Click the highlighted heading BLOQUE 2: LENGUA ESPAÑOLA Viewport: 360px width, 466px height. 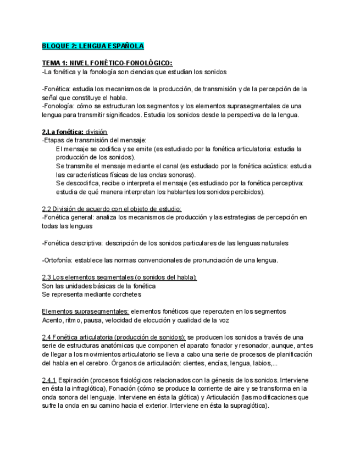93,46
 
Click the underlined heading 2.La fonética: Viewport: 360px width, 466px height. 63,132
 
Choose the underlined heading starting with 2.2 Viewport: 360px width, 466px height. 112,209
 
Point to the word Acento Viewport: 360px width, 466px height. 53,319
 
